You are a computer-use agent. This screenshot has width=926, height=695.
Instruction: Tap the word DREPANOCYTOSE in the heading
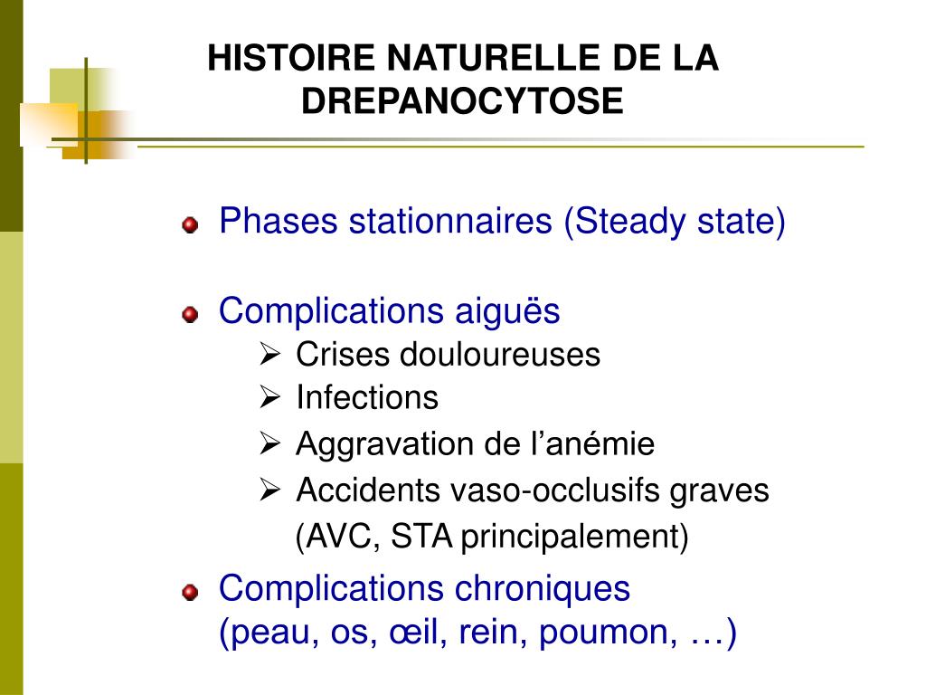[462, 100]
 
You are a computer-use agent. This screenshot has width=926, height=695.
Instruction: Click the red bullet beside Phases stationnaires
[189, 224]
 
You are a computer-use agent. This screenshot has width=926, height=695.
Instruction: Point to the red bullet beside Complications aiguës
[189, 314]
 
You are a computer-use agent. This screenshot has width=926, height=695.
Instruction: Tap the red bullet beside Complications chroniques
[189, 592]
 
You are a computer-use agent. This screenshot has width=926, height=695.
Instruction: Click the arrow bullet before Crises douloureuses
[269, 354]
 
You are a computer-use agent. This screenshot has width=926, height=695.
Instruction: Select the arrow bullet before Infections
[269, 396]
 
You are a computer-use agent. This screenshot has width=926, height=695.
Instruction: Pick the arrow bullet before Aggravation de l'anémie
[269, 443]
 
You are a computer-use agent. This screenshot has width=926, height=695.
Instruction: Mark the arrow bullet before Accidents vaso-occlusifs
[269, 490]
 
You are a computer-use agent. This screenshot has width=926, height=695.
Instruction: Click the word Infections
[367, 397]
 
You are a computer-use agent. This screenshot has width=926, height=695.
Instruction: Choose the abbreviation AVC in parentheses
[340, 538]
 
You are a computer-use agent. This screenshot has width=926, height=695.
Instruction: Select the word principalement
[573, 538]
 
